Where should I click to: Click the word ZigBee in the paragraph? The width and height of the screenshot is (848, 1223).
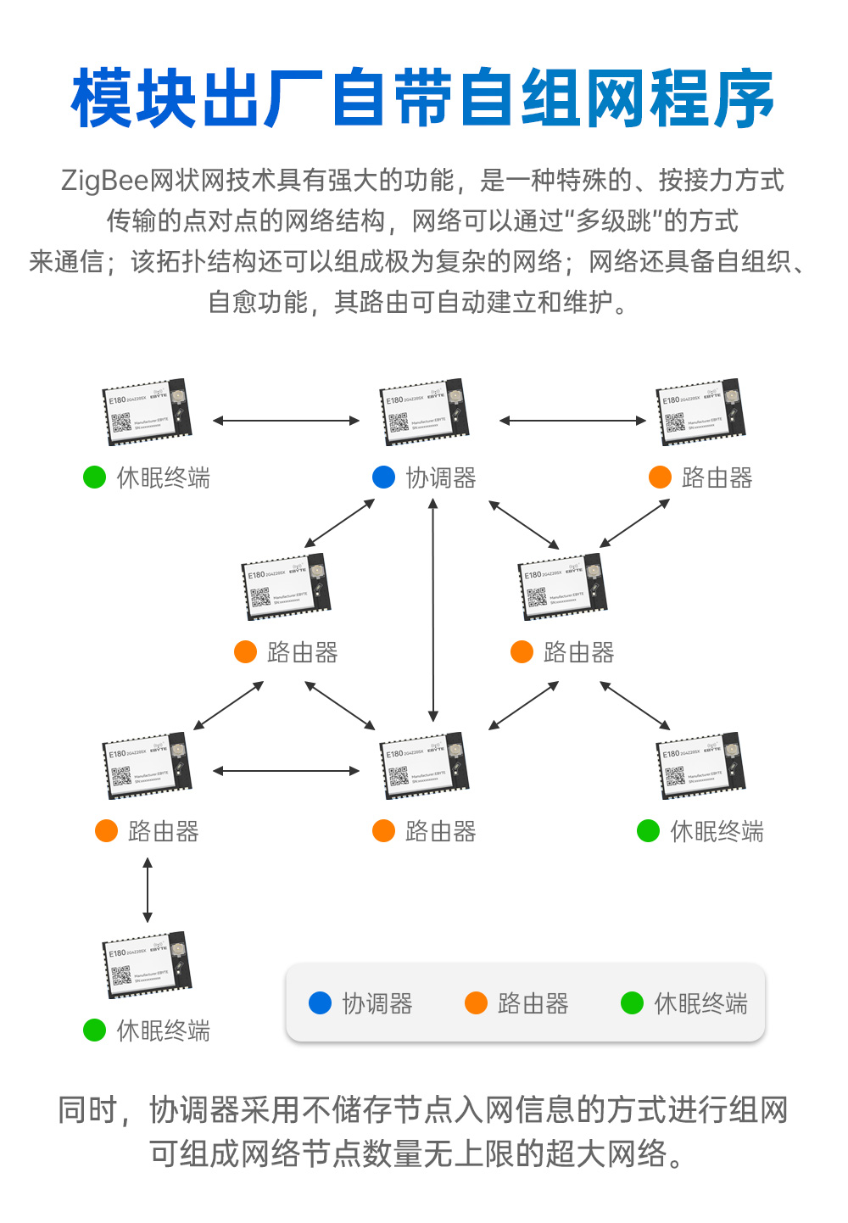coord(104,181)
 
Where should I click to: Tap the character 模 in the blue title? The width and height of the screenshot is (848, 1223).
coord(103,99)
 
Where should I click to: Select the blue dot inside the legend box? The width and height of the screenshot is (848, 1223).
coord(320,1003)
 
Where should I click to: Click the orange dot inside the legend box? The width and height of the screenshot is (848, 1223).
coord(476,1003)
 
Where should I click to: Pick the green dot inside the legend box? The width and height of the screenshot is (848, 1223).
coord(632,1003)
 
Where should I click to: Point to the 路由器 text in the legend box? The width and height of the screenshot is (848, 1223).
coord(533,1004)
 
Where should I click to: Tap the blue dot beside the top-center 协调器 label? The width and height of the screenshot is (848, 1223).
coord(383,477)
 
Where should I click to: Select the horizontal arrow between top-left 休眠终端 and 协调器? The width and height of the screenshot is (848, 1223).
coord(286,421)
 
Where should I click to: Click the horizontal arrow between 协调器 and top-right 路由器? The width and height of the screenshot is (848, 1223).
coord(572,421)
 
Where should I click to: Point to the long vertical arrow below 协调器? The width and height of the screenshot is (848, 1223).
coord(433,610)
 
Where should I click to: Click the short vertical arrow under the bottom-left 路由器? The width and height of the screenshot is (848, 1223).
coord(148,890)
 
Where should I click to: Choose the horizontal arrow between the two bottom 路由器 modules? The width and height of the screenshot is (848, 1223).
coord(286,771)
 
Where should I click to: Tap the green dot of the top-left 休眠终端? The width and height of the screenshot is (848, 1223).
coord(94,477)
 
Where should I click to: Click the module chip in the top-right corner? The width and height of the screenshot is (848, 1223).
coord(701,413)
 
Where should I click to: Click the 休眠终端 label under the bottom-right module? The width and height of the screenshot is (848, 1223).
coord(717,831)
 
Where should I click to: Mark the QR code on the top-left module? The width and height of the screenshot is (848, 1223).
coord(121,424)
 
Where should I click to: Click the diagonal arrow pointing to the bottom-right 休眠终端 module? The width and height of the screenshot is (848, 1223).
coord(635,706)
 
